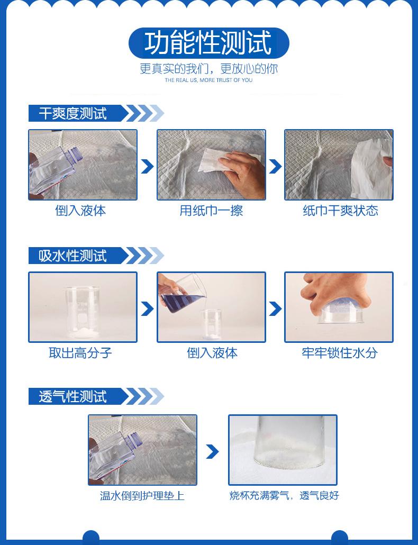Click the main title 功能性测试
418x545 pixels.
[x=208, y=43]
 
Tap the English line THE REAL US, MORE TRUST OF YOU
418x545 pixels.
[x=208, y=80]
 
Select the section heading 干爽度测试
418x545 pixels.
[x=72, y=113]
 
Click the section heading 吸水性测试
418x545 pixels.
[x=72, y=256]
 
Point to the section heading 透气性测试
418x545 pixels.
[x=72, y=397]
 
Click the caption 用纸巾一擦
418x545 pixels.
[x=211, y=210]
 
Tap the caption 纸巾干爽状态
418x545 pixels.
[x=340, y=210]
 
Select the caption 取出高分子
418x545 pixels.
[x=80, y=353]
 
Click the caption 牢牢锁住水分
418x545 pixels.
[x=340, y=353]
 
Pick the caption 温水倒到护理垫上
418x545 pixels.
[x=142, y=495]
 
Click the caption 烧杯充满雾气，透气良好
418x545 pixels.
[x=284, y=495]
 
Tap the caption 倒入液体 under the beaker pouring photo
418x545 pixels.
[x=212, y=353]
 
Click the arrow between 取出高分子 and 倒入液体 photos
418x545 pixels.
[x=147, y=308]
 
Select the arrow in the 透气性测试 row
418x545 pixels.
[x=212, y=451]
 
